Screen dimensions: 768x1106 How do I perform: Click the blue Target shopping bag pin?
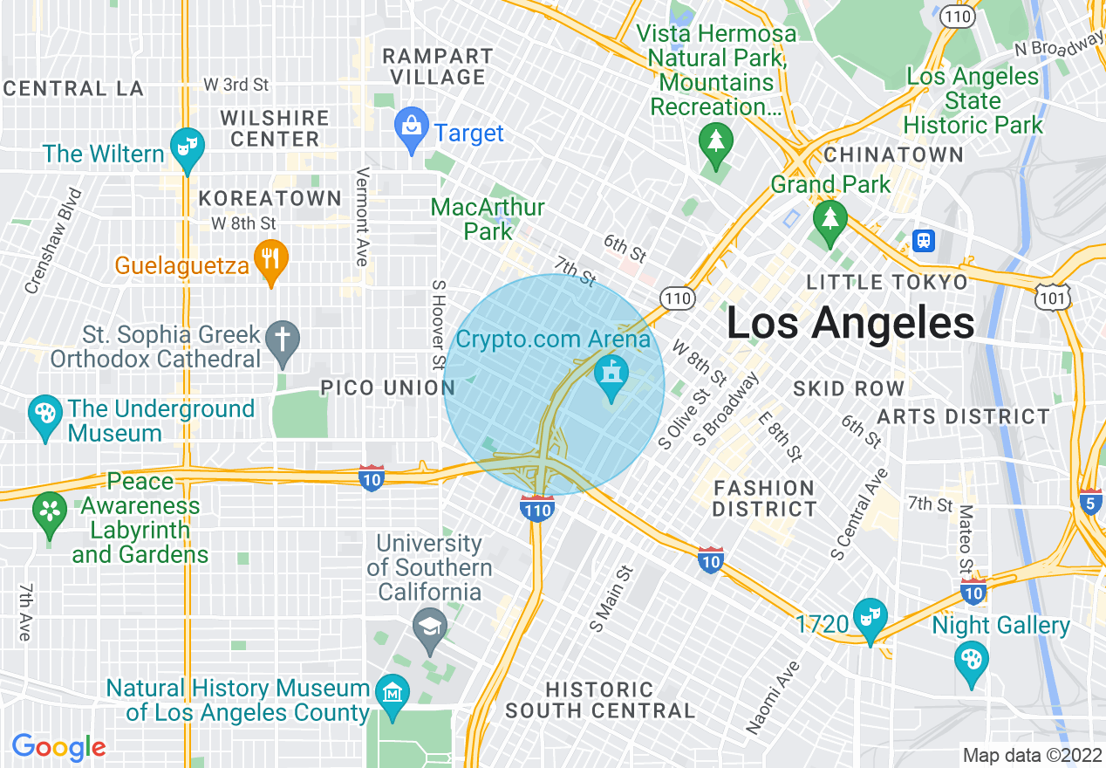411,127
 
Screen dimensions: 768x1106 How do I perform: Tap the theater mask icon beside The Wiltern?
186,145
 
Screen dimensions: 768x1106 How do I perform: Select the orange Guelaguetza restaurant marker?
271,258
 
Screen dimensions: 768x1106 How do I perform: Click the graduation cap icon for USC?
429,627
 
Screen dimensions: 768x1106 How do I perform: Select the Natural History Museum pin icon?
393,694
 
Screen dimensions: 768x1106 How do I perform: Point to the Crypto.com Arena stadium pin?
611,376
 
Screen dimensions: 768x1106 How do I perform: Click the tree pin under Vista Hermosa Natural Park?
715,142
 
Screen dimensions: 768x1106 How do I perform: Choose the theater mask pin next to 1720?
870,616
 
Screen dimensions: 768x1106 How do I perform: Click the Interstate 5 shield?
1089,503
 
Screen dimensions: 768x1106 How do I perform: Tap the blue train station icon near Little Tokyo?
922,239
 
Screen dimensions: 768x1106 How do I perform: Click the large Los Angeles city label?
850,324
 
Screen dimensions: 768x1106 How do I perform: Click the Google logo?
58,748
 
